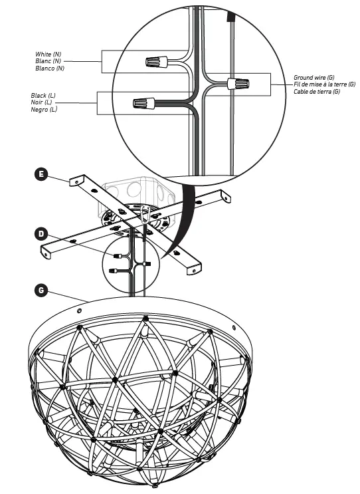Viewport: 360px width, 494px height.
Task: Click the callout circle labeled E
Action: pos(41,175)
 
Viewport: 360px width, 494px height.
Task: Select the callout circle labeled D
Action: pos(41,233)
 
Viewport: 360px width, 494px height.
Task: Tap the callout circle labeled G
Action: pos(41,291)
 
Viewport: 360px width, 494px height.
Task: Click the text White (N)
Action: pos(50,54)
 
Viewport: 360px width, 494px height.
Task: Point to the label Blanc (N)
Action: pos(50,61)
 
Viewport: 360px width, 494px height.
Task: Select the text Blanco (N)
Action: pos(51,68)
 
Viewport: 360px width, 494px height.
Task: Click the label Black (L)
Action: pos(44,96)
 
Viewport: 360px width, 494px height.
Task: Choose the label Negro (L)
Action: pos(45,110)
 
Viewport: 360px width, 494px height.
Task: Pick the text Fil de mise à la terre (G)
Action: pos(324,84)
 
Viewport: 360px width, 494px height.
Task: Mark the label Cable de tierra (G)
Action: pos(317,92)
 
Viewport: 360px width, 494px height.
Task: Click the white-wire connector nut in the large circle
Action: pos(155,62)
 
